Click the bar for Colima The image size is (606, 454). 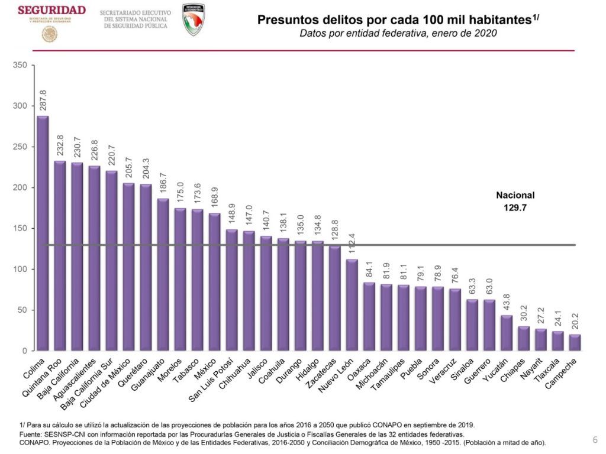pyautogui.click(x=43, y=234)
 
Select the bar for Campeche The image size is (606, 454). pyautogui.click(x=575, y=343)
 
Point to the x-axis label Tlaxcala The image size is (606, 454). pyautogui.click(x=549, y=371)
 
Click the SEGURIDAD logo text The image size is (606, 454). pyautogui.click(x=51, y=11)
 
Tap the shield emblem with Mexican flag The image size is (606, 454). pyautogui.click(x=194, y=20)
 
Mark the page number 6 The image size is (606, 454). pyautogui.click(x=595, y=440)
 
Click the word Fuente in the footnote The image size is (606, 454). pyautogui.click(x=31, y=434)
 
